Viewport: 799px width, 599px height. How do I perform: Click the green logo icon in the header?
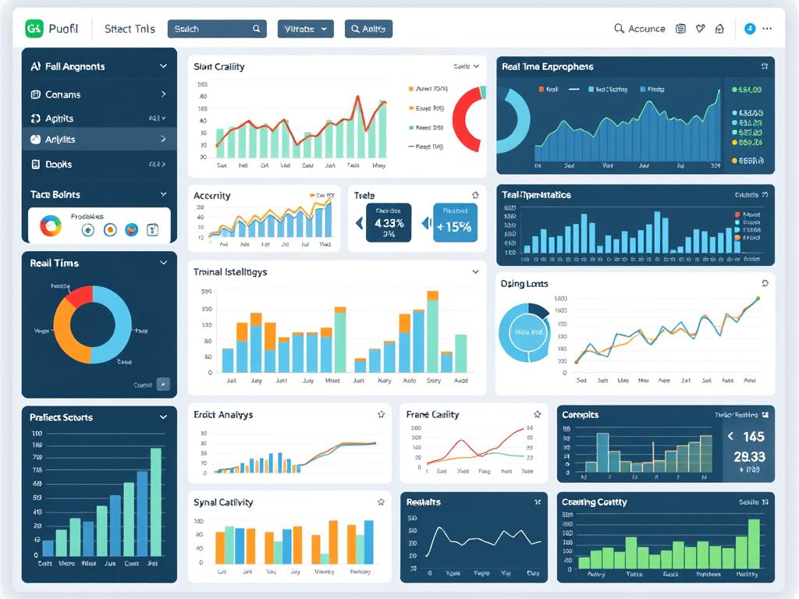pyautogui.click(x=34, y=29)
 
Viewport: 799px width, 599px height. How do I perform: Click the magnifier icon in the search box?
pyautogui.click(x=257, y=29)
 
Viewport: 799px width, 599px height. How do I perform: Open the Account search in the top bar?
pyautogui.click(x=639, y=29)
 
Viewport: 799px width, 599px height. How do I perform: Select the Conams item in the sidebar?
pyautogui.click(x=62, y=94)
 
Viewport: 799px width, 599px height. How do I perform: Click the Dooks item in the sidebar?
pyautogui.click(x=59, y=165)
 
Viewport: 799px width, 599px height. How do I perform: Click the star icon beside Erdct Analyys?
pyautogui.click(x=381, y=415)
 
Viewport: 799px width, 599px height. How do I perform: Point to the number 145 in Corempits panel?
pyautogui.click(x=753, y=437)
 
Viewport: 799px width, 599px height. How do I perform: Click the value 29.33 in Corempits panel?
pyautogui.click(x=749, y=457)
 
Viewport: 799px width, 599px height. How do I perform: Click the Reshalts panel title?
pyautogui.click(x=424, y=502)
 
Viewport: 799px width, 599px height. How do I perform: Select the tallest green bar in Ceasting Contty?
pyautogui.click(x=754, y=543)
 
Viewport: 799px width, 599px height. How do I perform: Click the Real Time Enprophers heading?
pyautogui.click(x=548, y=67)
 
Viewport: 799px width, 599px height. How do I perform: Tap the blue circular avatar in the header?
pyautogui.click(x=750, y=29)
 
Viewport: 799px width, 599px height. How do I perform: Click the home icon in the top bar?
pyautogui.click(x=719, y=29)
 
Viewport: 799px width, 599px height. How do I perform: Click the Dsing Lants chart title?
pyautogui.click(x=524, y=284)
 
